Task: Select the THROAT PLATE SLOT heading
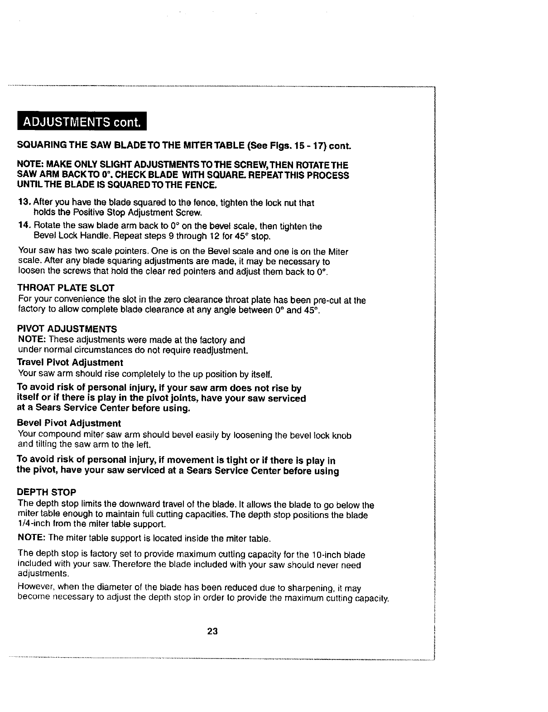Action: click(x=66, y=288)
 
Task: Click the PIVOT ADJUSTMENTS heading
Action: click(x=67, y=329)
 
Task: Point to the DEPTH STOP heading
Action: click(x=46, y=492)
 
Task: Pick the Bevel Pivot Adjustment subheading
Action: click(x=69, y=423)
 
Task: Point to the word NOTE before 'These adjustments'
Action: click(x=30, y=340)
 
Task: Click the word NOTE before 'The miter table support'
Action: click(x=30, y=539)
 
